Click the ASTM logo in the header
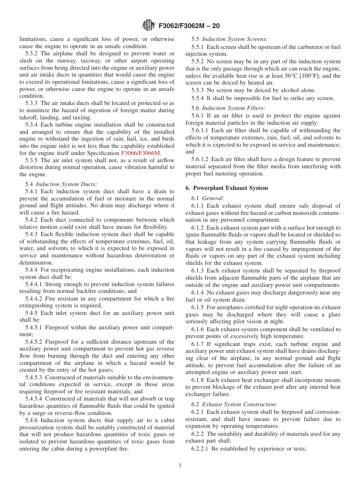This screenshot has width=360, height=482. click(x=148, y=25)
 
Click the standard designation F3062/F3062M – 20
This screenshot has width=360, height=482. click(x=188, y=26)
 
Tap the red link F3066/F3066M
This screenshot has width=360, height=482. click(x=141, y=153)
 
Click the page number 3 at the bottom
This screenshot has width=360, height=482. click(x=180, y=465)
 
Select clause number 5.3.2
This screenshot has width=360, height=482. click(x=32, y=53)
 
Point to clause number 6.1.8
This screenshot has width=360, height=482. click(x=198, y=380)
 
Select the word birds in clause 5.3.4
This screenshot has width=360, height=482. click(x=167, y=139)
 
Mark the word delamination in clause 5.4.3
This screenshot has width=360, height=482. click(x=36, y=263)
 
